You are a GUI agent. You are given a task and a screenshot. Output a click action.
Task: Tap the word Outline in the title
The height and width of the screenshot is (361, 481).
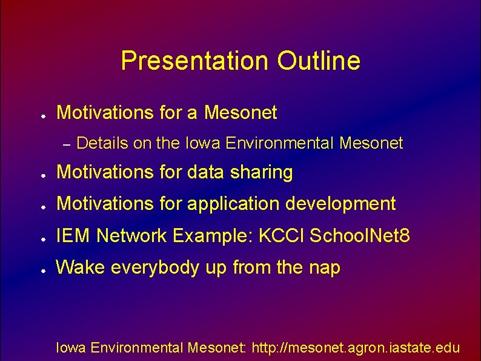[x=319, y=61]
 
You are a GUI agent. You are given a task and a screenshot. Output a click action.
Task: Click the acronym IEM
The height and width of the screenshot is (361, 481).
[x=73, y=235]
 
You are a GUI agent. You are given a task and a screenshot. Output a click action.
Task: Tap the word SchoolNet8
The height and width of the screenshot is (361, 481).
[x=359, y=235]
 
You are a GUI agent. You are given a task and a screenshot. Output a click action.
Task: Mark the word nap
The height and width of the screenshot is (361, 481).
[x=325, y=268]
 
